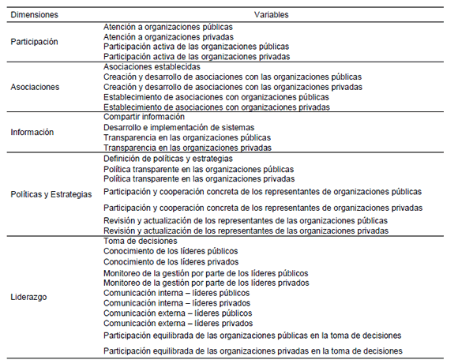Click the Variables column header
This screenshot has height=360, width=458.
(x=271, y=14)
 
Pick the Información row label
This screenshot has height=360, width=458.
(x=32, y=132)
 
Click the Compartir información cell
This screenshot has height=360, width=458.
(x=145, y=117)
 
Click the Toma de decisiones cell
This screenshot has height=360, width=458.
(x=143, y=241)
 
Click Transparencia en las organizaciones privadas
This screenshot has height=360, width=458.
(x=188, y=148)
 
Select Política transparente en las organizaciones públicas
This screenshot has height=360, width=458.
(x=199, y=169)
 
